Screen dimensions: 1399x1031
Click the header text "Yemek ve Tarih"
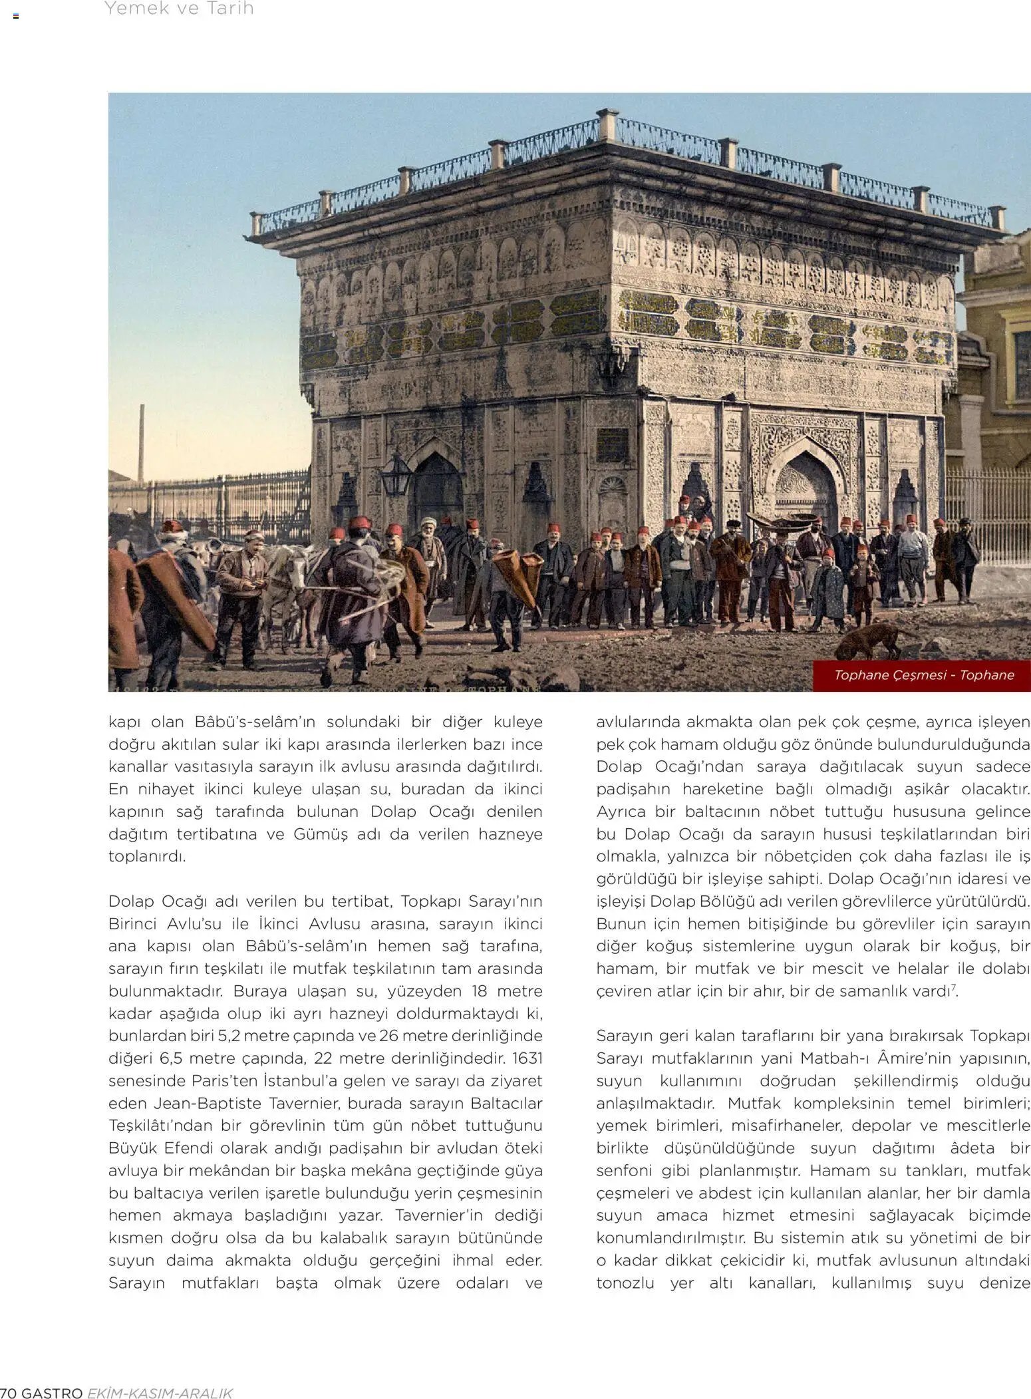(179, 9)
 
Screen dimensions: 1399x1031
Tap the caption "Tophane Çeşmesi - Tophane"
(924, 675)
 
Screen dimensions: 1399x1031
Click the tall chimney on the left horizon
(141, 442)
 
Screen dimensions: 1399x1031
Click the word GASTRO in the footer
(53, 1392)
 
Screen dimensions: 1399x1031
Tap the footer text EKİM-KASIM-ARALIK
(160, 1392)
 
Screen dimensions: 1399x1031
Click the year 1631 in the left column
(527, 1058)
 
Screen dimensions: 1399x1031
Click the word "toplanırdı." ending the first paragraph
(147, 856)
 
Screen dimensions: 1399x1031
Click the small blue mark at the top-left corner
(15, 15)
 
